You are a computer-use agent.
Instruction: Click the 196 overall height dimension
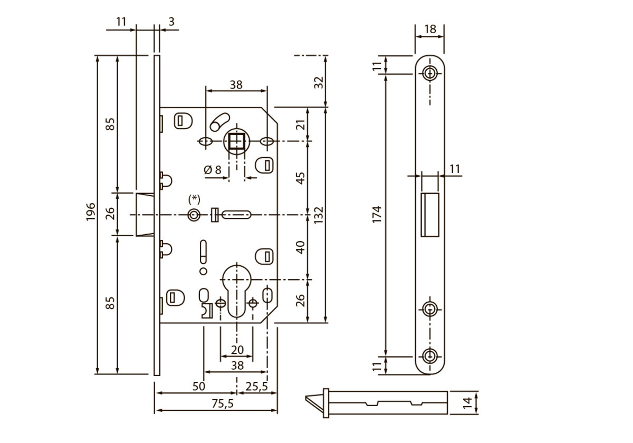(x=90, y=213)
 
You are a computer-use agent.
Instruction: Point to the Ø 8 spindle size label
(x=213, y=170)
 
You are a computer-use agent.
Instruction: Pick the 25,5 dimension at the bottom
(x=257, y=386)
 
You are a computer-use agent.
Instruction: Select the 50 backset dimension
(x=198, y=386)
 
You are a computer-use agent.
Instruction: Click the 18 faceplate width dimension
(x=430, y=29)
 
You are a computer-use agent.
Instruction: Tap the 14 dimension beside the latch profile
(x=467, y=403)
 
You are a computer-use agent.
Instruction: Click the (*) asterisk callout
(x=195, y=199)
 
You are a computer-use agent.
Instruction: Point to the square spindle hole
(x=236, y=141)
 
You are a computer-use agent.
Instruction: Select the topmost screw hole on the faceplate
(x=430, y=73)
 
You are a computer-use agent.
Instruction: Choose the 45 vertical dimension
(x=301, y=177)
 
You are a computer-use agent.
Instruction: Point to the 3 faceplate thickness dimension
(x=171, y=22)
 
